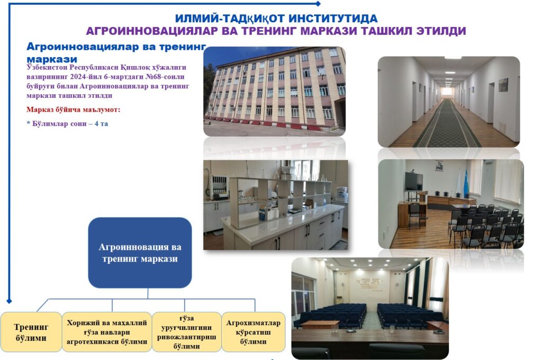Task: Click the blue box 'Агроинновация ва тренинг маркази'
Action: pos(140,253)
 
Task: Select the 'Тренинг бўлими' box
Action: pos(31,332)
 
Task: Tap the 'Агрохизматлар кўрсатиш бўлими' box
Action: pos(253,332)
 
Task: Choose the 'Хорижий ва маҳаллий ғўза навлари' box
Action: pos(107,332)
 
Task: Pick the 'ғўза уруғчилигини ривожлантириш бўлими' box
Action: pos(186,332)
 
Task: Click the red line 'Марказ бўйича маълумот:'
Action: pos(73,110)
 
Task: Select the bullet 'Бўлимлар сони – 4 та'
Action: pos(67,123)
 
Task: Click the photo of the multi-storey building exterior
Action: pos(275,91)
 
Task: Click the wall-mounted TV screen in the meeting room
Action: pos(414,182)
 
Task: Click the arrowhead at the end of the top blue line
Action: pos(318,4)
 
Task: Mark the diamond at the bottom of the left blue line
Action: pos(10,301)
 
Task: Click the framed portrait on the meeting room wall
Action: pos(439,166)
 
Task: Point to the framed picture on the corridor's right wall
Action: pos(503,85)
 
